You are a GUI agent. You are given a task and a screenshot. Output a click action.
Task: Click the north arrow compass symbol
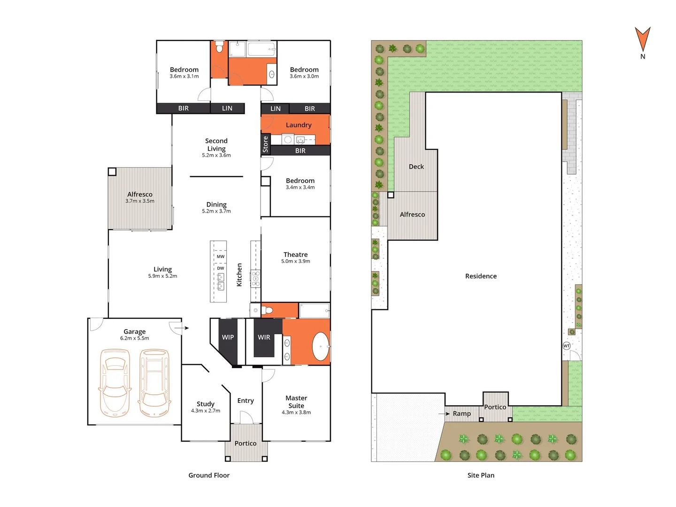click(x=643, y=39)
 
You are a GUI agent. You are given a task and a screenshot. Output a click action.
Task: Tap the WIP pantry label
click(x=228, y=337)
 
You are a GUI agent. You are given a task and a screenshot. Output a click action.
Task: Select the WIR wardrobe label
click(x=264, y=337)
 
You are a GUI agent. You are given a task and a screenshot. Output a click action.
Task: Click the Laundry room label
click(x=299, y=125)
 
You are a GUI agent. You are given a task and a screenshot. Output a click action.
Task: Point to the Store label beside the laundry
click(x=265, y=144)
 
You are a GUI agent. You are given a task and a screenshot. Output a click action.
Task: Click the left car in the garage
click(x=115, y=383)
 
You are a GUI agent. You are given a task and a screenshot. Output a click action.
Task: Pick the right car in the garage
click(x=154, y=383)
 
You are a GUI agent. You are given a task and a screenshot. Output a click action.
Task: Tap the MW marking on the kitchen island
click(x=221, y=257)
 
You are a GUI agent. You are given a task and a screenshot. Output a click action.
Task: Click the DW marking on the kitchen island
click(x=221, y=269)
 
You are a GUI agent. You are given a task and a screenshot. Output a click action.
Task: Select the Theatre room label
click(x=296, y=254)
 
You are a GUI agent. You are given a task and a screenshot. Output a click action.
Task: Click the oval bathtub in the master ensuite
click(x=321, y=346)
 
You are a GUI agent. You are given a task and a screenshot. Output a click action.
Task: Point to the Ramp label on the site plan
click(x=462, y=414)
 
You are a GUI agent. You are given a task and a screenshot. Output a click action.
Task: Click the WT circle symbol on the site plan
click(x=567, y=346)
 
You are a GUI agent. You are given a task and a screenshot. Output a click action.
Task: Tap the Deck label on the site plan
click(x=416, y=167)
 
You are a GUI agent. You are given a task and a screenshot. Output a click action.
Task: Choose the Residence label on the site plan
click(x=481, y=276)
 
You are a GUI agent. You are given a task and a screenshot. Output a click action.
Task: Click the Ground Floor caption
click(x=209, y=475)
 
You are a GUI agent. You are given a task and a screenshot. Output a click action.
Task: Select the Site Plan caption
click(x=481, y=475)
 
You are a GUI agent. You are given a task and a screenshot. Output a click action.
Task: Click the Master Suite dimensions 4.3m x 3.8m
click(x=296, y=413)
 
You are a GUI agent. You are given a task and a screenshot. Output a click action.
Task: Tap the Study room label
click(x=206, y=404)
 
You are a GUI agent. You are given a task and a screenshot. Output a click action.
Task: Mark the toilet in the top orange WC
click(x=219, y=47)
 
